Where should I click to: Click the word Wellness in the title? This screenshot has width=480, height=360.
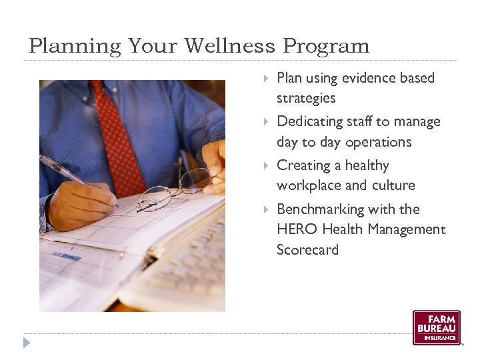click(x=229, y=46)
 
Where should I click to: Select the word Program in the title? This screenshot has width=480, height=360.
click(x=326, y=47)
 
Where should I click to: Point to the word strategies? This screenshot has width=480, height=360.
click(x=306, y=99)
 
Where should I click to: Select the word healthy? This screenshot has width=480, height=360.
click(x=367, y=165)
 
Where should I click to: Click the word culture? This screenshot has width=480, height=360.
click(x=393, y=185)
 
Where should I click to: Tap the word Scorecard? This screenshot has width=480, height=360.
click(x=307, y=250)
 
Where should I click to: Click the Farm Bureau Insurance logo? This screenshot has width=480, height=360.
click(x=436, y=327)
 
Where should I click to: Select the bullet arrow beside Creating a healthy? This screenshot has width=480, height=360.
click(x=266, y=165)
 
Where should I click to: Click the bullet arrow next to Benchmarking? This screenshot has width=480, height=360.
click(x=266, y=209)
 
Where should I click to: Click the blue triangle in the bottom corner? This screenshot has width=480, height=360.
click(x=27, y=343)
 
